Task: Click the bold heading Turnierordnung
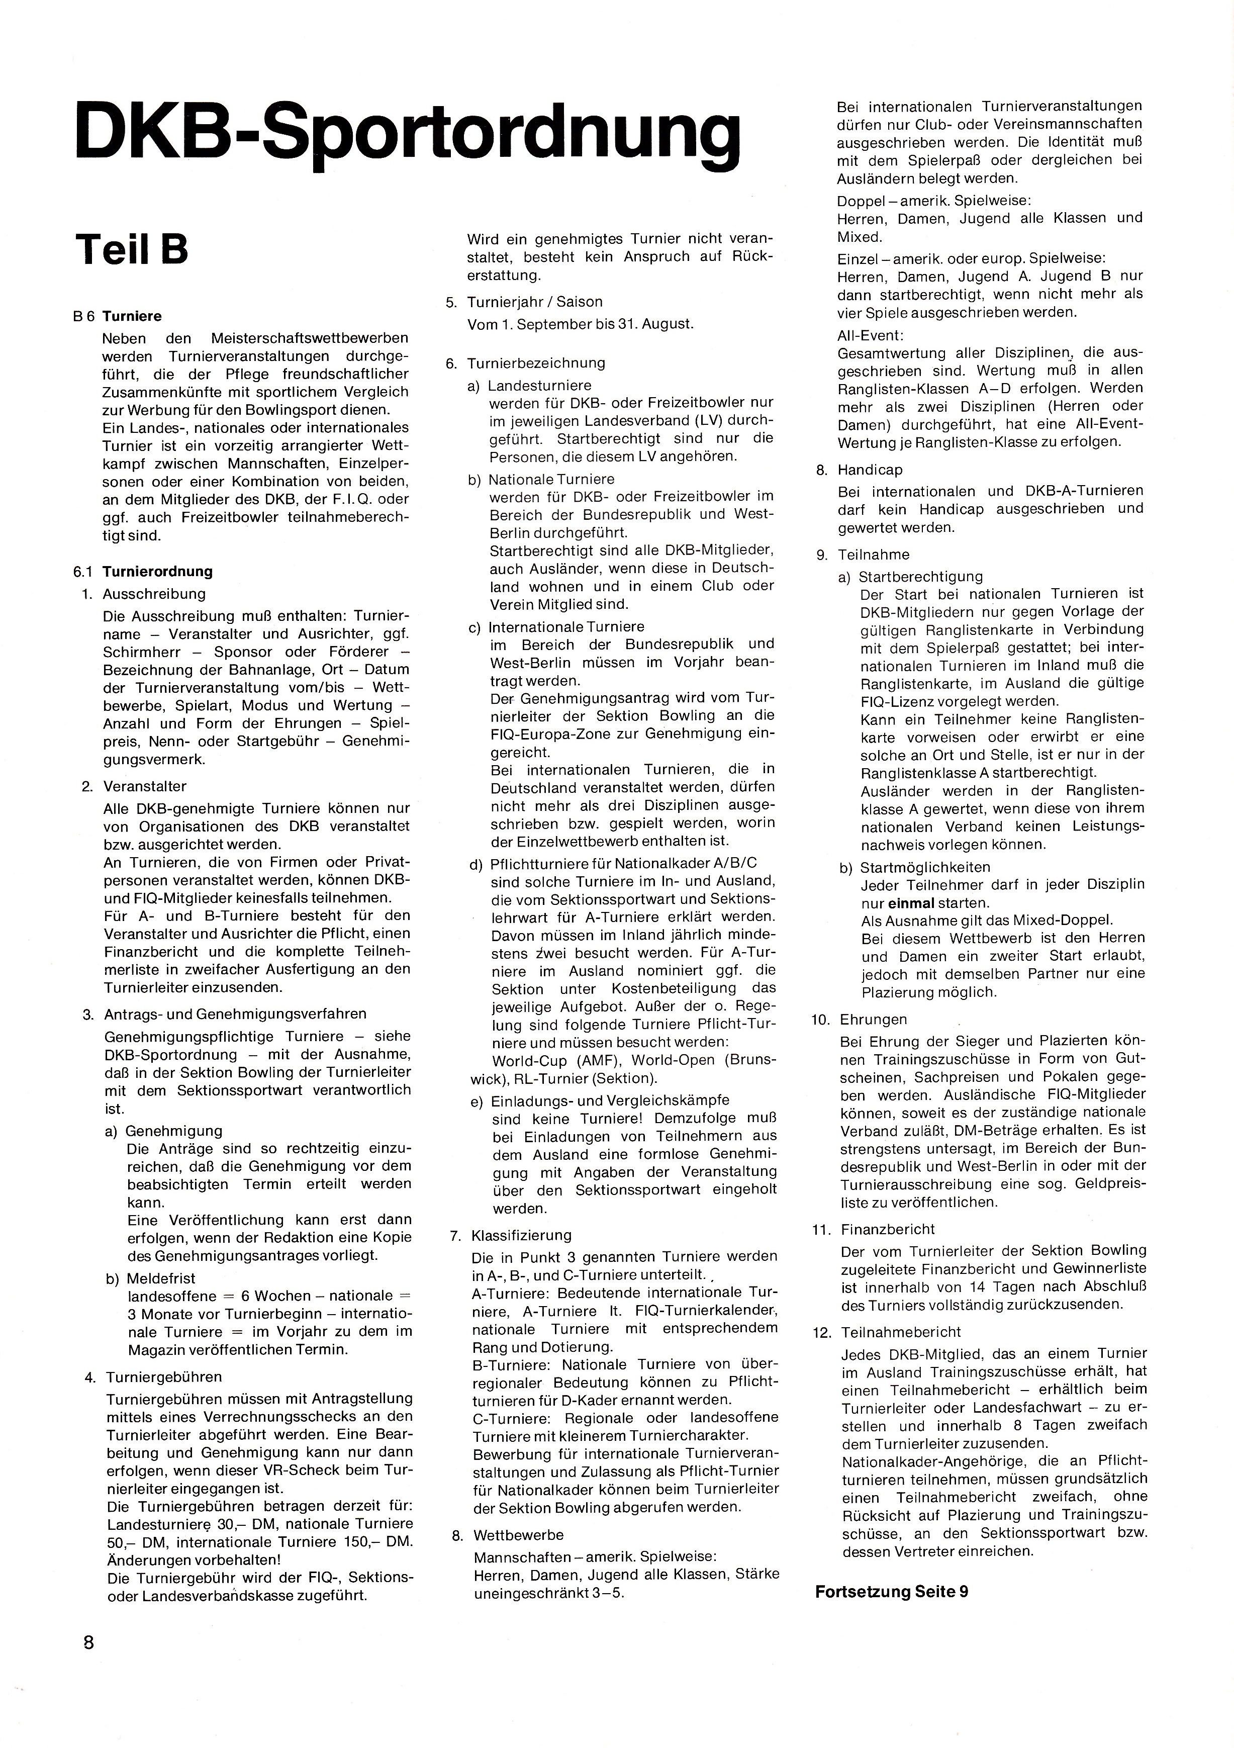point(158,571)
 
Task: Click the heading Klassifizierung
point(521,1234)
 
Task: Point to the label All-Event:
point(869,335)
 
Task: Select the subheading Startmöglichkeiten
point(924,867)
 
